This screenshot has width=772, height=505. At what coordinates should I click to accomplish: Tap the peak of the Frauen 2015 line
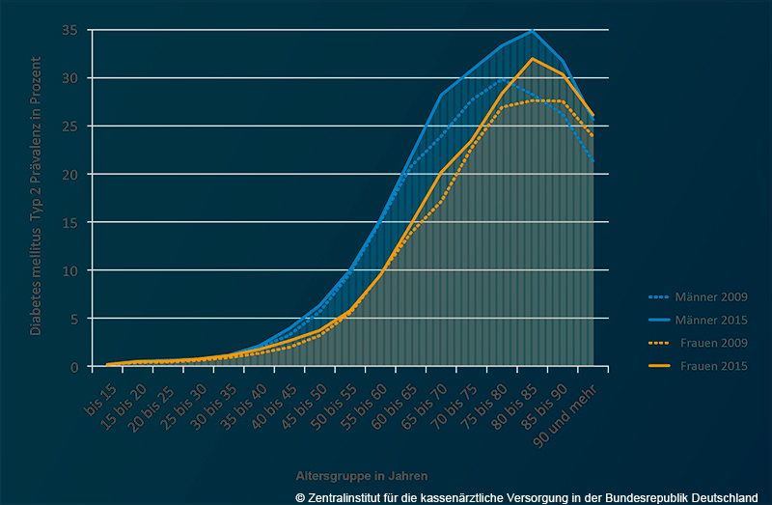[x=533, y=59]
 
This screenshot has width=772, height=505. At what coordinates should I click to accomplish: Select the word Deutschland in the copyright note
[x=723, y=496]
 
